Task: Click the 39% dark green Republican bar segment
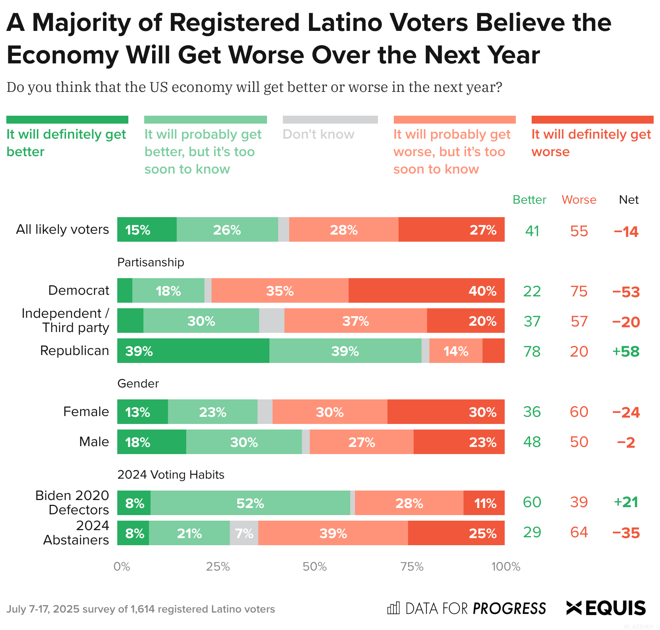point(193,351)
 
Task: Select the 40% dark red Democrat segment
point(426,290)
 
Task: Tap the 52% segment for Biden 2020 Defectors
point(250,503)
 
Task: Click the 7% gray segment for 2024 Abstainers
point(244,533)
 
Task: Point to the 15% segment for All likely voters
point(147,229)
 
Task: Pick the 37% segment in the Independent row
point(355,321)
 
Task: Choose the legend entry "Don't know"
point(319,134)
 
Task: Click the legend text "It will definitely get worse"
point(591,143)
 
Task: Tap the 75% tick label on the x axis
point(412,567)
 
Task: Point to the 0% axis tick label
point(122,567)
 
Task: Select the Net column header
point(629,200)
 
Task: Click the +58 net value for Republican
point(626,351)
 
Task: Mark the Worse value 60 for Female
point(579,412)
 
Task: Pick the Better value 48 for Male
point(532,442)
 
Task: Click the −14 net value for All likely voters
point(626,231)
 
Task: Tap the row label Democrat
point(78,290)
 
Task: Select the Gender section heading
point(138,384)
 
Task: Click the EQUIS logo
point(606,608)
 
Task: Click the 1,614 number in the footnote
point(142,609)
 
